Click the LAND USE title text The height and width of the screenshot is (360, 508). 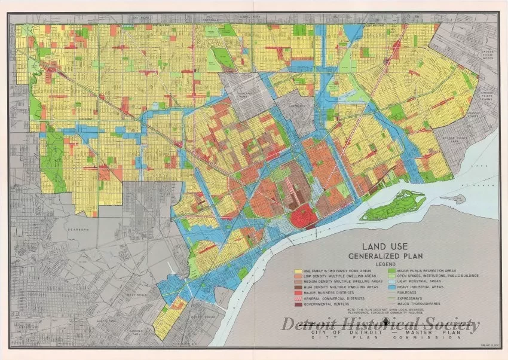(387, 246)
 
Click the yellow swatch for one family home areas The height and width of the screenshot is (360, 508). (298, 271)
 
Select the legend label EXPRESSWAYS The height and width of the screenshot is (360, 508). (412, 298)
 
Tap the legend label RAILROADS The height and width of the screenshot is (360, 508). (409, 292)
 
